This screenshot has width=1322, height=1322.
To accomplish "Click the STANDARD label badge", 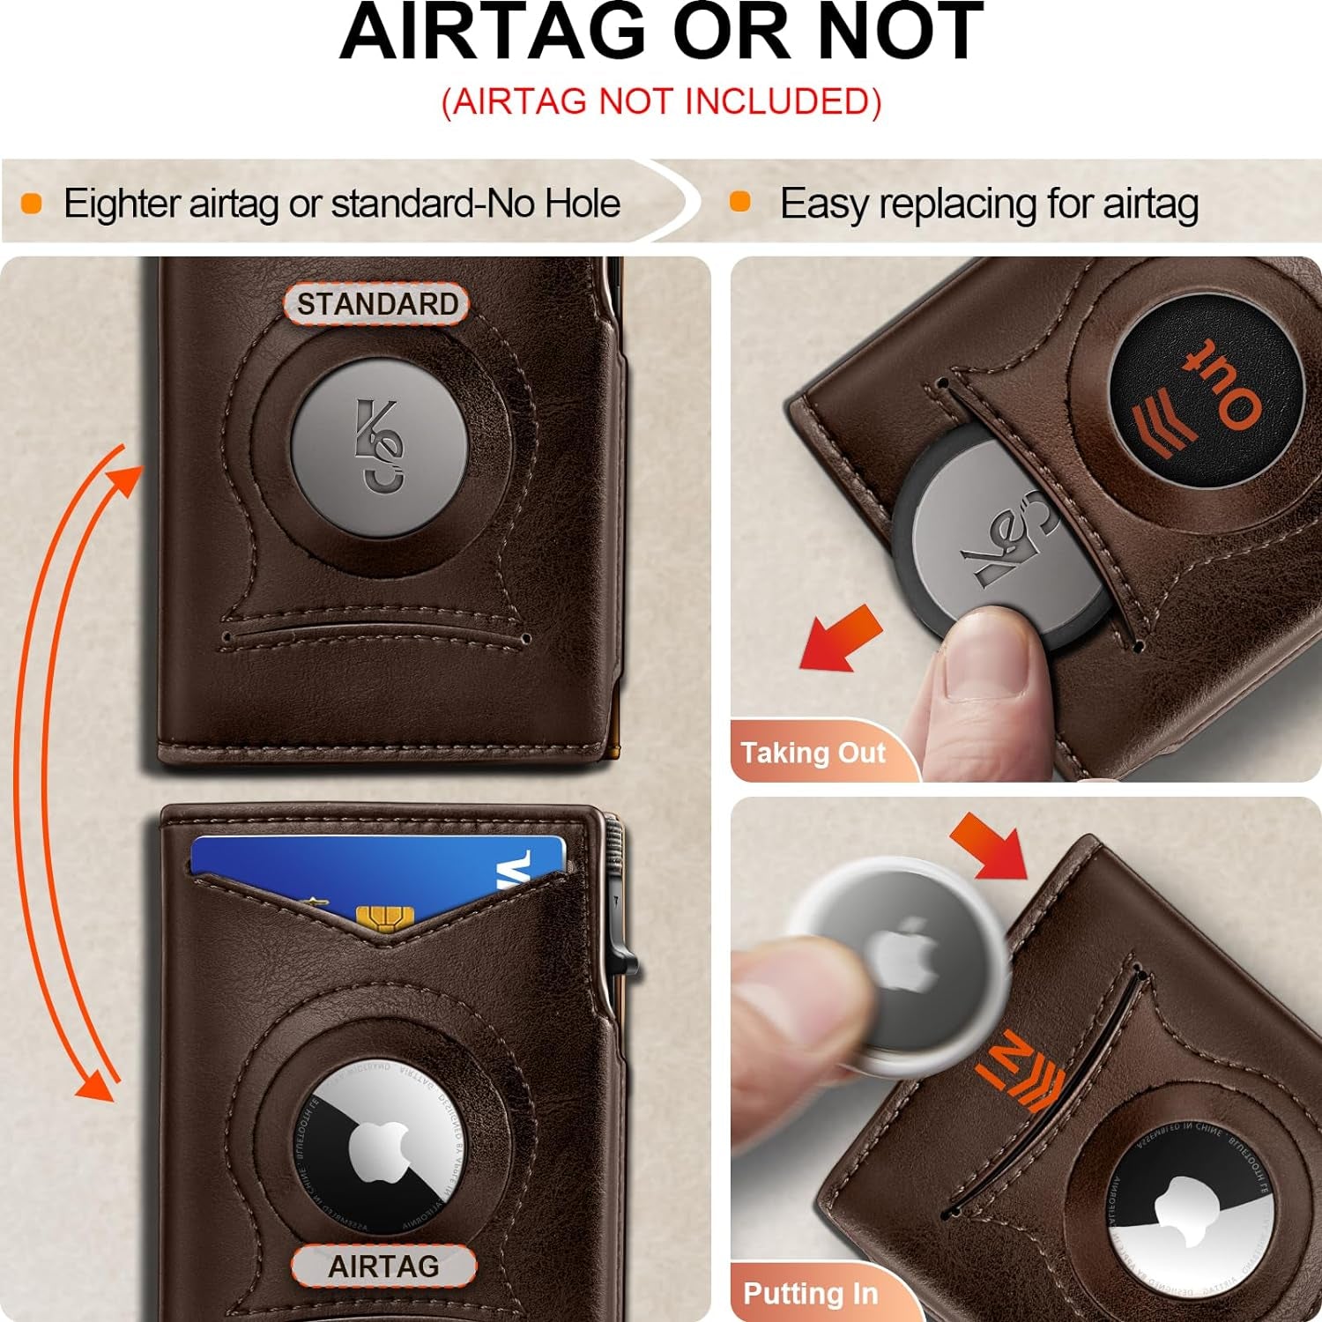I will pyautogui.click(x=376, y=304).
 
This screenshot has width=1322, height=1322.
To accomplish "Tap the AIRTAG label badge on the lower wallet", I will pyautogui.click(x=383, y=1266).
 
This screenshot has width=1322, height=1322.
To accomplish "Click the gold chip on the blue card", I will pyautogui.click(x=381, y=918).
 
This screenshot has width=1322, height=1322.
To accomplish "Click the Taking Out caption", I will pyautogui.click(x=813, y=753).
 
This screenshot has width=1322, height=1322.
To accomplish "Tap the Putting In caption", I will pyautogui.click(x=811, y=1293).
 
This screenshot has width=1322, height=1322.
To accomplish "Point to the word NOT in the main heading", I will pyautogui.click(x=899, y=33).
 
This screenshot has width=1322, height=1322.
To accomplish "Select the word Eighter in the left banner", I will pyautogui.click(x=122, y=204).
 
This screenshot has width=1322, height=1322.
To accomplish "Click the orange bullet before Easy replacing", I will pyautogui.click(x=740, y=202).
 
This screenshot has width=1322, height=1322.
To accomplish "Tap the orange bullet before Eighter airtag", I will pyautogui.click(x=32, y=204).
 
